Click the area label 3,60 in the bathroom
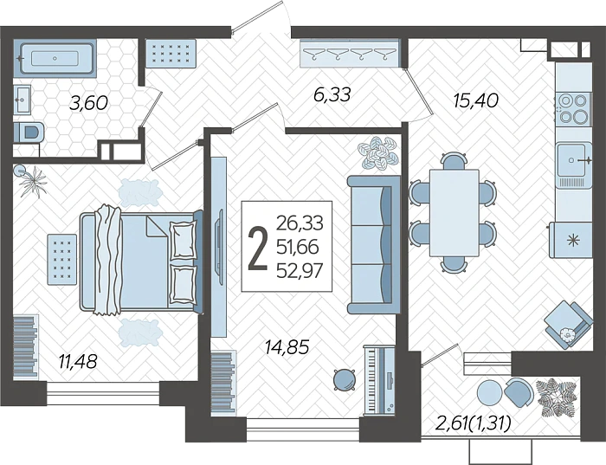coord(88,103)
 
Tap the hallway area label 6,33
coord(332,94)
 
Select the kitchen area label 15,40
coord(476,100)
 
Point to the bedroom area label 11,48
coord(78,361)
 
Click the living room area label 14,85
coord(287,347)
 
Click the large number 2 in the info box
coord(257,247)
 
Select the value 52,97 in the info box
coord(300,270)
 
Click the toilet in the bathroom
coord(29,132)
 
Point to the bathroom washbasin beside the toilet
coord(22,100)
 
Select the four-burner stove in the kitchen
coord(573,108)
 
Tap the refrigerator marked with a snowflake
coord(571,240)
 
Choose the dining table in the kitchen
coord(455,213)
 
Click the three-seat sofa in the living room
coord(373,244)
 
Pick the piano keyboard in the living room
coord(379,380)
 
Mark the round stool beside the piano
coord(344,379)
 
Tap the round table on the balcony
coord(490,392)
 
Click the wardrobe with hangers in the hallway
coord(350,53)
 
